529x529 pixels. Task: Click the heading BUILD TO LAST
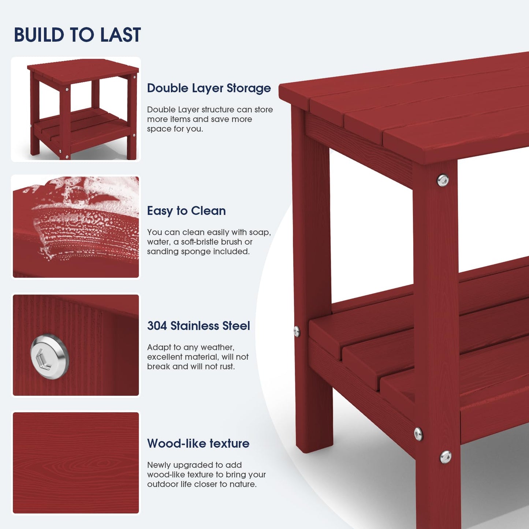[77, 35]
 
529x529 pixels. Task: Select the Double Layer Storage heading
[209, 88]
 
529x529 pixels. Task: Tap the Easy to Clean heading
[186, 211]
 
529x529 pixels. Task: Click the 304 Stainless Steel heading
[198, 326]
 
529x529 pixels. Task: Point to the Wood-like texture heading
[198, 444]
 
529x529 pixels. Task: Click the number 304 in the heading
[157, 326]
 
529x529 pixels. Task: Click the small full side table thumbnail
[76, 109]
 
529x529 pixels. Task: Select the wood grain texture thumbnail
[76, 463]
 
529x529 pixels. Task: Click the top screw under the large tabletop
[443, 180]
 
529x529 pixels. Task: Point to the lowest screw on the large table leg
[446, 457]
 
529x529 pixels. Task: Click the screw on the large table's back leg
[297, 331]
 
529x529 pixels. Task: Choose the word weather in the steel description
[219, 347]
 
